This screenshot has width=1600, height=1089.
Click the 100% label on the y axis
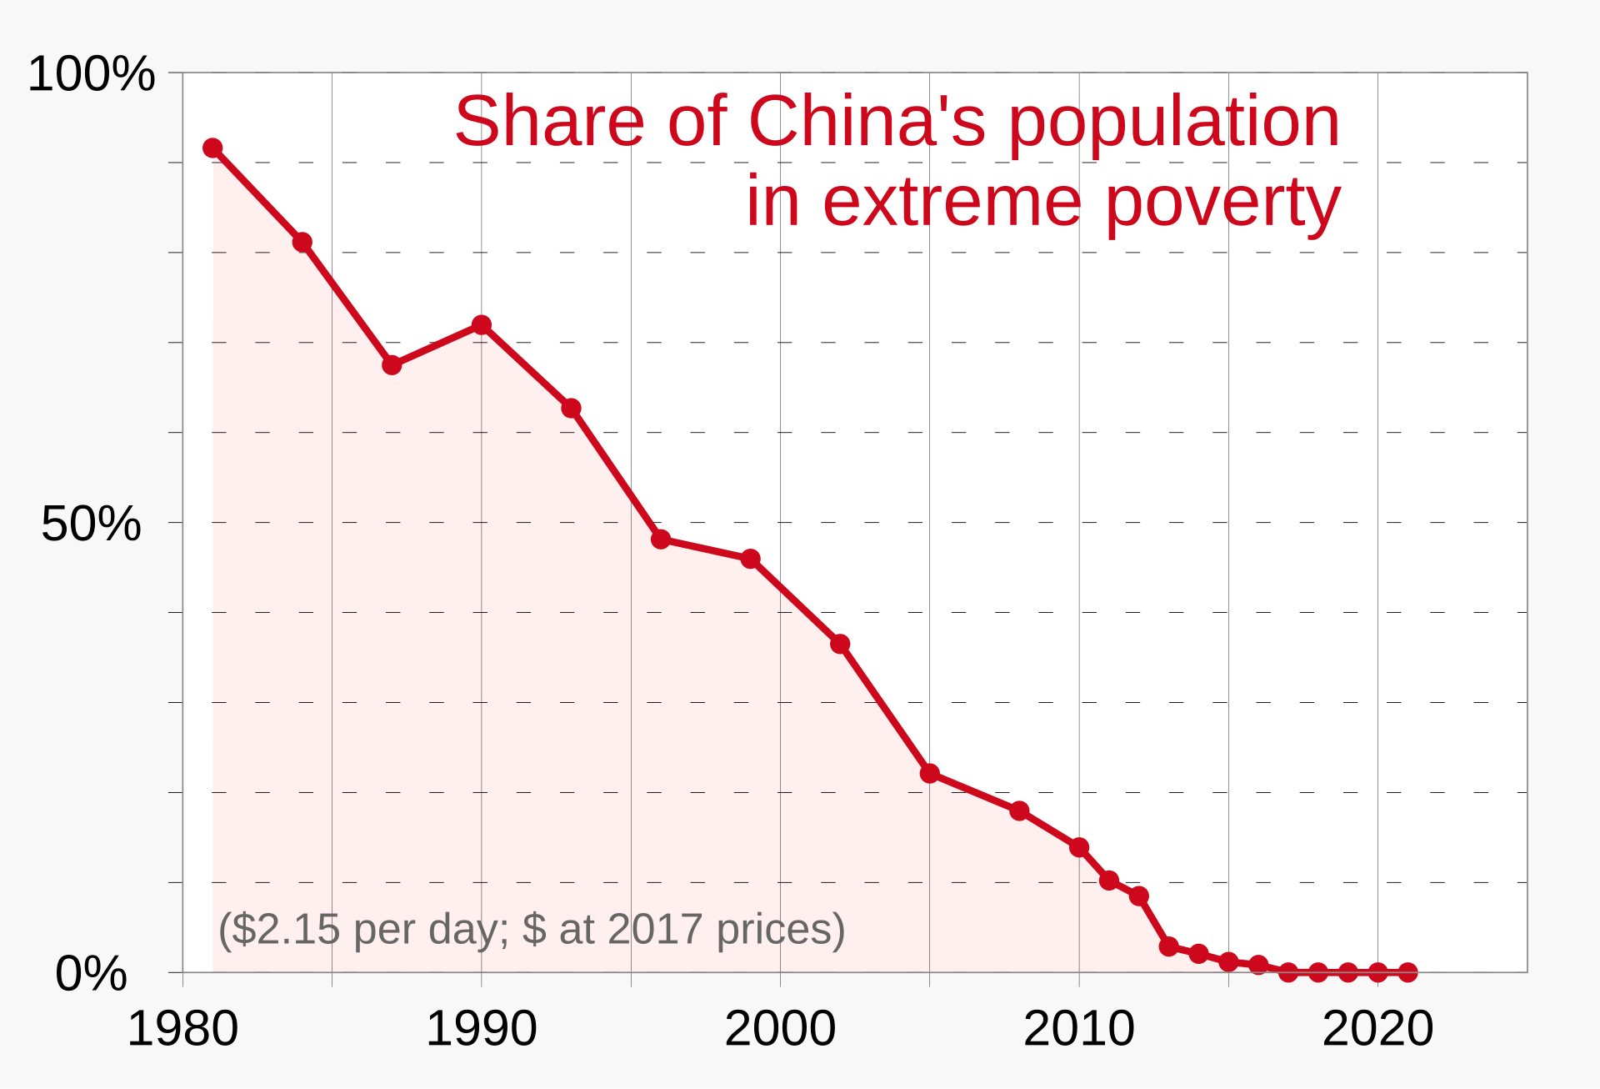pyautogui.click(x=92, y=73)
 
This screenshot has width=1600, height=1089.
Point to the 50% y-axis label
pyautogui.click(x=91, y=524)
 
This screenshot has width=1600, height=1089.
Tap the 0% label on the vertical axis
pyautogui.click(x=91, y=973)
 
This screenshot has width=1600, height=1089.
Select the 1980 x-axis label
pyautogui.click(x=182, y=1028)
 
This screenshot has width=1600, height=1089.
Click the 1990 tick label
pyautogui.click(x=481, y=1028)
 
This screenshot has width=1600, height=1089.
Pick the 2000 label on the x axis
pyautogui.click(x=780, y=1028)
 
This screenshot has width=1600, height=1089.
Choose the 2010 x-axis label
pyautogui.click(x=1078, y=1028)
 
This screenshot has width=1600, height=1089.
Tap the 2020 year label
pyautogui.click(x=1377, y=1028)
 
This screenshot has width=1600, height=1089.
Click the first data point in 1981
pyautogui.click(x=212, y=148)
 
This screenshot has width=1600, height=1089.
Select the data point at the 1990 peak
pyautogui.click(x=481, y=324)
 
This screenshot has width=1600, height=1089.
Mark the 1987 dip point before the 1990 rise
pyautogui.click(x=392, y=365)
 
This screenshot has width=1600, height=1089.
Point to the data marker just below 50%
pyautogui.click(x=661, y=539)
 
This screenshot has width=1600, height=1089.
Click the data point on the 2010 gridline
pyautogui.click(x=1079, y=847)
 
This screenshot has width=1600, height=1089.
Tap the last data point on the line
pyautogui.click(x=1407, y=972)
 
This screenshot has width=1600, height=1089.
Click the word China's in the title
pyautogui.click(x=867, y=122)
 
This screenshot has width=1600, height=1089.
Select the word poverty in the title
pyautogui.click(x=1223, y=202)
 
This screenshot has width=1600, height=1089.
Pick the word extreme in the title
pyautogui.click(x=952, y=202)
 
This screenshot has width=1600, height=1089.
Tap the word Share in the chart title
pyautogui.click(x=549, y=122)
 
